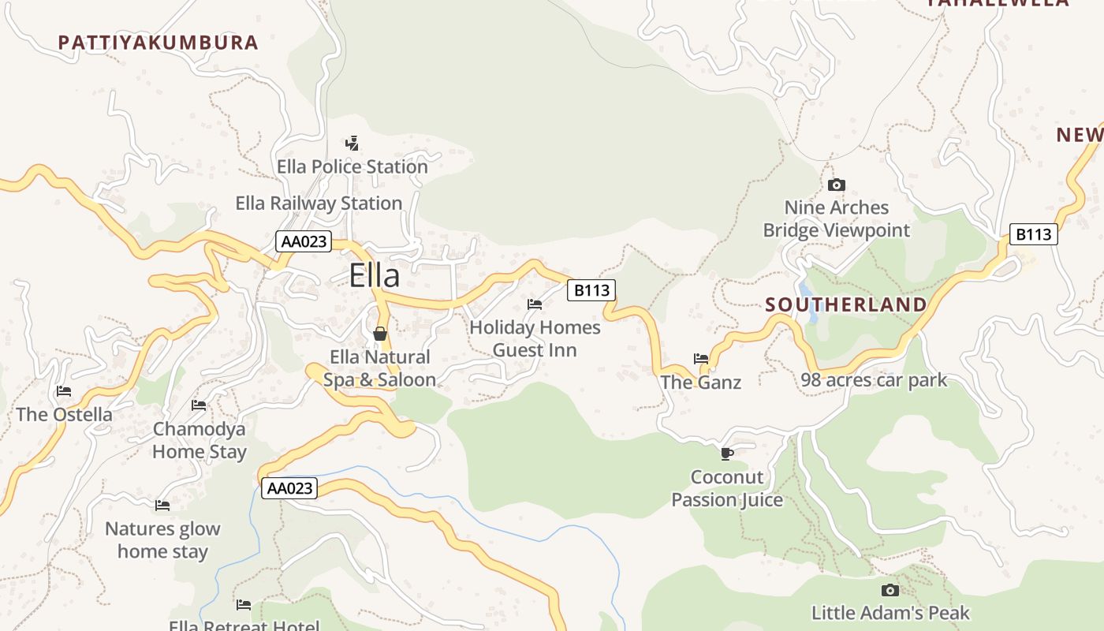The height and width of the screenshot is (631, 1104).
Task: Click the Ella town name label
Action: pos(375,275)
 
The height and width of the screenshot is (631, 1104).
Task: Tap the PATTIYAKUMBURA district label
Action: pos(159,43)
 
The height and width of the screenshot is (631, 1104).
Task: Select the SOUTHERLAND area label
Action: pos(846,304)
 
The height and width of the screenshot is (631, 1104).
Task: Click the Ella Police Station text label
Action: pos(352,167)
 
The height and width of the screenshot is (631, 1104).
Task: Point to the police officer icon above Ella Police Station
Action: pos(352,144)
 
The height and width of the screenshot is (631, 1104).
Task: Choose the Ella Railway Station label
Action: pos(319,203)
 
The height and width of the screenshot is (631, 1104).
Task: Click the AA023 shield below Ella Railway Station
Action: pos(304,241)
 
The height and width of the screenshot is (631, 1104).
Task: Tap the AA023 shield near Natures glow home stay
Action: pos(289,488)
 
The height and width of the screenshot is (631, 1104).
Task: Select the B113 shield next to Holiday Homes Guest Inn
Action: pos(591,290)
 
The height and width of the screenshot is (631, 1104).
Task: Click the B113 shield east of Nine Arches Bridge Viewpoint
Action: pos(1033,234)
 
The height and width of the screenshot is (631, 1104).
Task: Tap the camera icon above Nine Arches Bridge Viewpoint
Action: pos(837,185)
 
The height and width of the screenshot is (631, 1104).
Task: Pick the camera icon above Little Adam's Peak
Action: pos(890,590)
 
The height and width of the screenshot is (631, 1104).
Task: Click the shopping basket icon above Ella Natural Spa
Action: pos(380,334)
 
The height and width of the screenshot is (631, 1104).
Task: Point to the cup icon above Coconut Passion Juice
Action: pos(727,454)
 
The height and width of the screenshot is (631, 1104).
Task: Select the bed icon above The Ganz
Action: pos(701,359)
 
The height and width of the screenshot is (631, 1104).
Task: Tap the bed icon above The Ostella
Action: pos(64,391)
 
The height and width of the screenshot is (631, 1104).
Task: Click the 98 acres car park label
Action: pos(874,380)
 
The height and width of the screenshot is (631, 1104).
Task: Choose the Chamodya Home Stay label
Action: pos(200,441)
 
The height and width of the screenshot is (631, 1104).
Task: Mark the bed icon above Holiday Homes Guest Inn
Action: pos(535,304)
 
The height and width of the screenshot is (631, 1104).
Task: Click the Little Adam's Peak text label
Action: pos(890,613)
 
